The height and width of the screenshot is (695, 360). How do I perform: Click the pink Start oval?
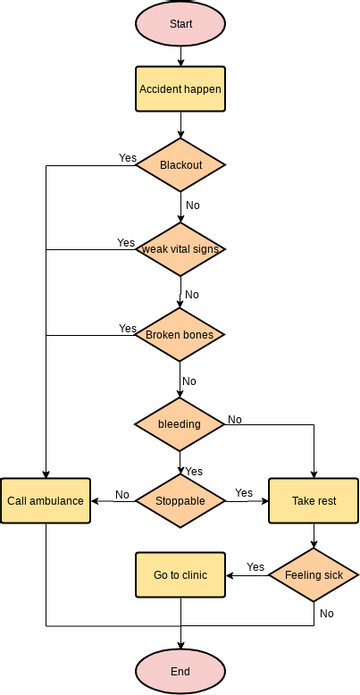click(x=181, y=23)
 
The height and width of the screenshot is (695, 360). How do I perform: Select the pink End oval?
click(x=181, y=670)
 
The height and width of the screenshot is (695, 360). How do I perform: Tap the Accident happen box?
click(x=180, y=89)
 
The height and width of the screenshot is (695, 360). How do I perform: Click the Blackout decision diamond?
click(x=181, y=164)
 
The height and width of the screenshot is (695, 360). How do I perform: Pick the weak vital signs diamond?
click(x=181, y=249)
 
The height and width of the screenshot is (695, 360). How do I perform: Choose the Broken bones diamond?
click(x=180, y=334)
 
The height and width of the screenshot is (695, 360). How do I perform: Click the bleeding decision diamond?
click(x=180, y=423)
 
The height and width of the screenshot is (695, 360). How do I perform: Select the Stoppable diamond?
click(x=181, y=500)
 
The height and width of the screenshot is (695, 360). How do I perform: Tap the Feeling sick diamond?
click(x=314, y=575)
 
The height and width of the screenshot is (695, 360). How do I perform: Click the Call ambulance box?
click(x=45, y=500)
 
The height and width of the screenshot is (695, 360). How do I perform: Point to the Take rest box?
click(x=314, y=500)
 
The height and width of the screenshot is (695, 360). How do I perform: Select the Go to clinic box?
click(x=180, y=575)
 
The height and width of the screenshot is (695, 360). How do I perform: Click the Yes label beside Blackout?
click(x=128, y=158)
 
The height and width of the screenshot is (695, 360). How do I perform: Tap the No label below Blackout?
click(x=192, y=205)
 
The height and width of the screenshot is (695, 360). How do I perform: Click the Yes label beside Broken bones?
click(x=128, y=328)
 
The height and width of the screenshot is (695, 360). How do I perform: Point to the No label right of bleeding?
click(x=235, y=419)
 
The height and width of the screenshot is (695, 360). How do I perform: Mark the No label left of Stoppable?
click(x=122, y=494)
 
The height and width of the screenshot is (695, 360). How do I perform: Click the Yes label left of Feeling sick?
click(x=255, y=567)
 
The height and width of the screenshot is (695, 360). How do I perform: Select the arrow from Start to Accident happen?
click(x=181, y=56)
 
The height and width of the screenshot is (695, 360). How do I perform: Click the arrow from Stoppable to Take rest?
click(x=247, y=500)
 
